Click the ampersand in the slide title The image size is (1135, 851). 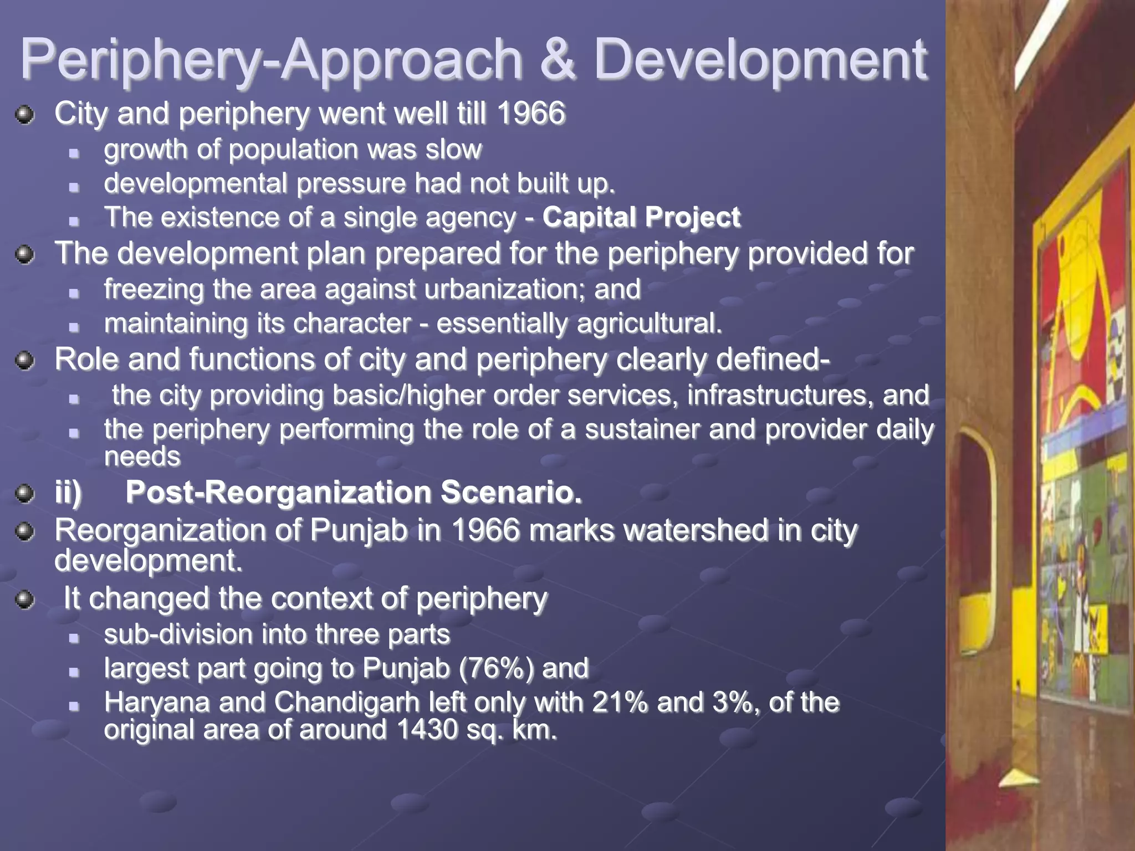point(559,60)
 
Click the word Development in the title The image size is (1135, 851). point(760,60)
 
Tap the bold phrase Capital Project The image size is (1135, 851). point(641,217)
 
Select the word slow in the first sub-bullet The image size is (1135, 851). point(453,150)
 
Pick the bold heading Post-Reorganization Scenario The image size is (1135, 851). point(354,492)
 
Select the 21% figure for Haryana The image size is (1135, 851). point(620,703)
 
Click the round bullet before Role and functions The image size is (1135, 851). point(25,361)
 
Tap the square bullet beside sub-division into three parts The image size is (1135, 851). point(74,638)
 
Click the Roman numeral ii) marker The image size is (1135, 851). point(68,492)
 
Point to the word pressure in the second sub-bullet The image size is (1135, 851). point(351,184)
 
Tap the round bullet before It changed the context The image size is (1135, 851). point(25,600)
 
